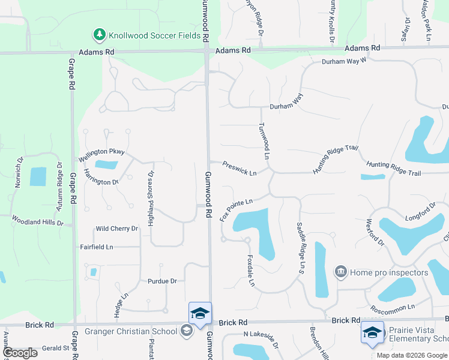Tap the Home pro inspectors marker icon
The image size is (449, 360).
(341, 272)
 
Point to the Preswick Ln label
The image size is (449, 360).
(239, 168)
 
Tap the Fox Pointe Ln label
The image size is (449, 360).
(236, 210)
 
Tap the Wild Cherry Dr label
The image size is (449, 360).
(117, 229)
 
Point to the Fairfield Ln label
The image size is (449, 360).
(97, 247)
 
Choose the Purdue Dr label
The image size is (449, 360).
(162, 281)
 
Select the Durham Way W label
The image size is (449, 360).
(343, 61)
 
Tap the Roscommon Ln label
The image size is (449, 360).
(393, 307)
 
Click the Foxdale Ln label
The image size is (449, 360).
(251, 271)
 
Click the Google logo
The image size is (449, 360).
(20, 352)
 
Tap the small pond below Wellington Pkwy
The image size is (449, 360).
(106, 164)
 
